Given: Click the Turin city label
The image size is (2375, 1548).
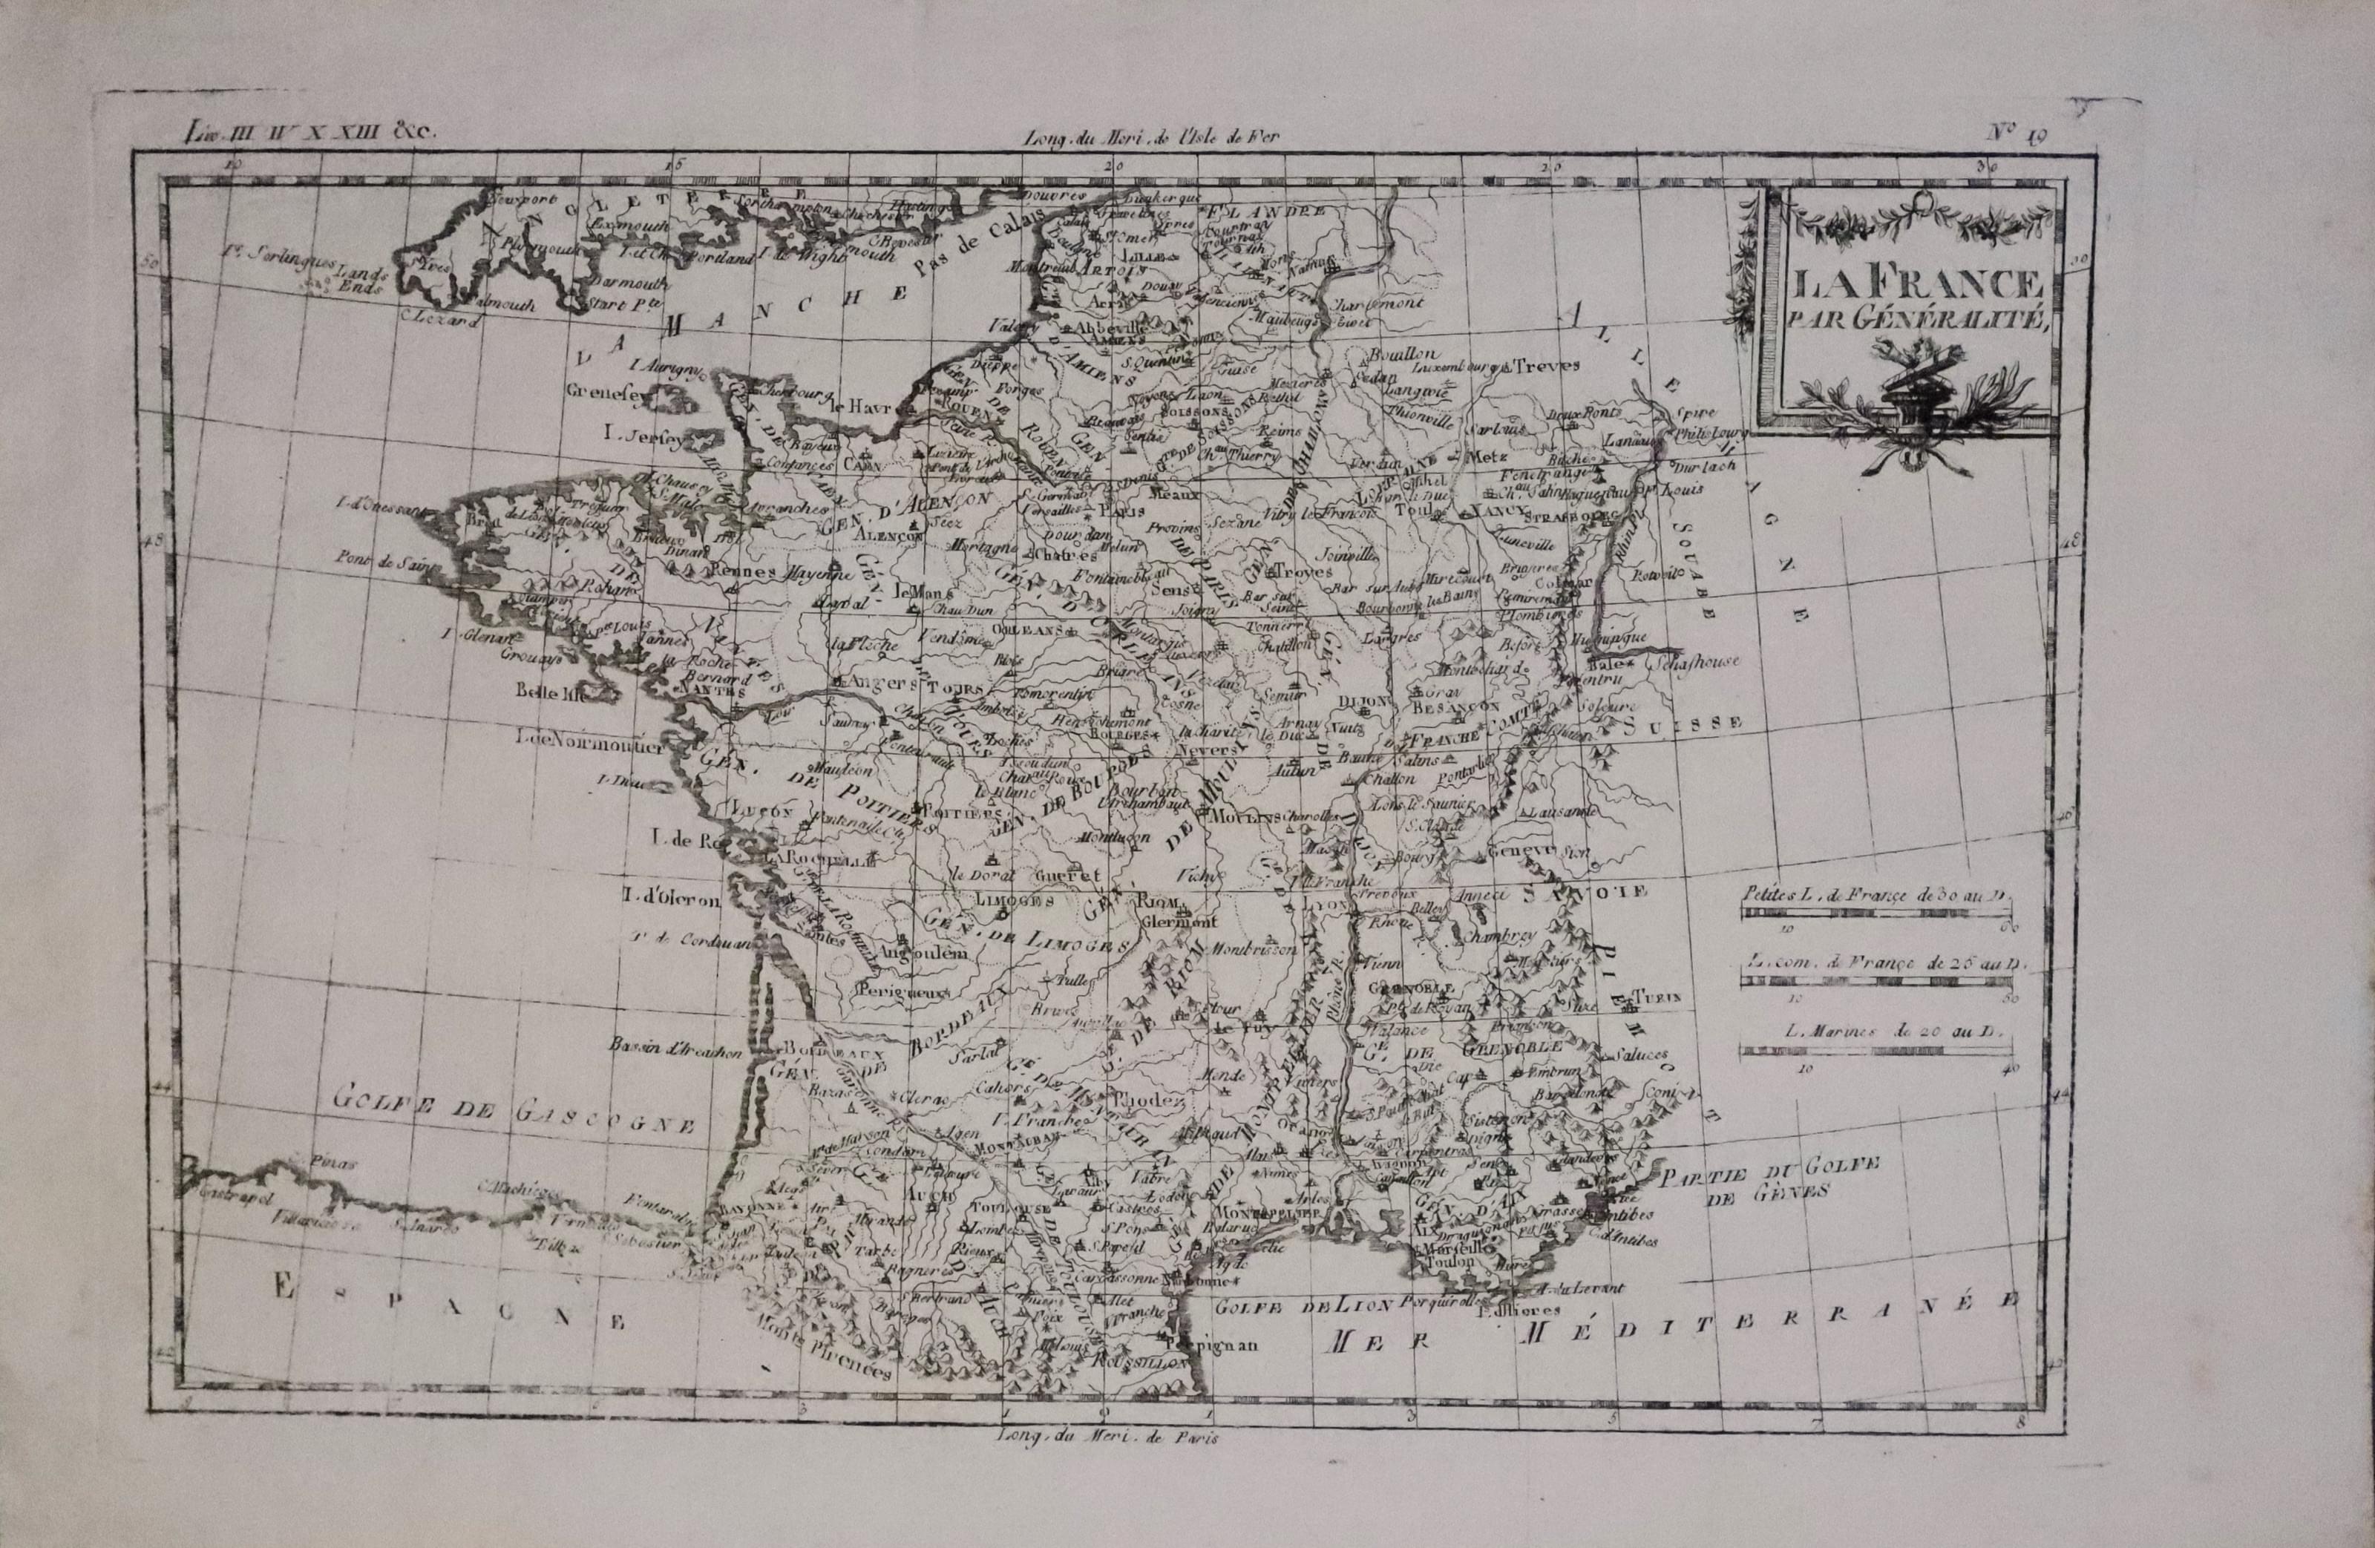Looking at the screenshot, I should click(1657, 996).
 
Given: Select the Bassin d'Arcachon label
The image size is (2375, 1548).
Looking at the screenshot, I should click(678, 1049).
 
